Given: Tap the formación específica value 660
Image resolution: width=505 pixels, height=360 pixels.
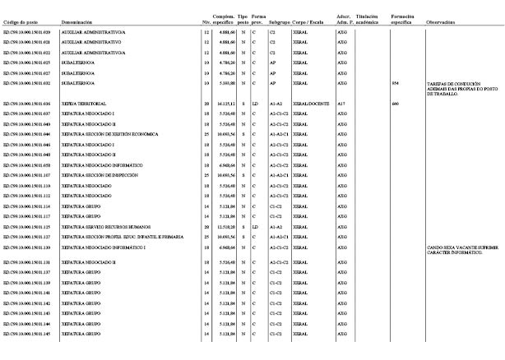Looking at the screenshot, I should pyautogui.click(x=396, y=104).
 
